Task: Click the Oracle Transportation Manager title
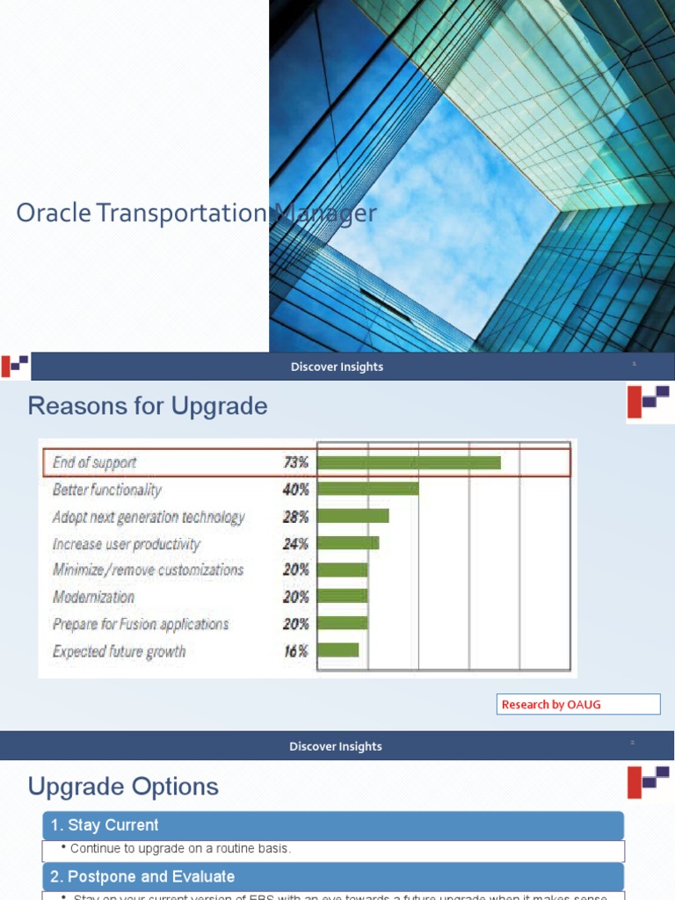[196, 213]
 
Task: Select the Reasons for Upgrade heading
[148, 406]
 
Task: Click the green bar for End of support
[409, 462]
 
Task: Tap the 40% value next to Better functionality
[295, 490]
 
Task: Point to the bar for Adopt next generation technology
[352, 516]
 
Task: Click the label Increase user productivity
[127, 544]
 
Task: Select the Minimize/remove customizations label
[148, 570]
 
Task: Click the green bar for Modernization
[342, 597]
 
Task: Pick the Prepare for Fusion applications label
[141, 624]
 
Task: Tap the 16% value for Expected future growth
[295, 651]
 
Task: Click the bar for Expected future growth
[337, 650]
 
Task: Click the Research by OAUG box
[578, 704]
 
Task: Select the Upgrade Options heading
[123, 786]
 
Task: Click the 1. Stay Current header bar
[333, 825]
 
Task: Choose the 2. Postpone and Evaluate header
[333, 876]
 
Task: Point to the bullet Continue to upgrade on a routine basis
[180, 849]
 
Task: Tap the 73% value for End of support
[295, 462]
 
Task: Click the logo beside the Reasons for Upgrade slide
[649, 402]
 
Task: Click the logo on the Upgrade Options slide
[649, 781]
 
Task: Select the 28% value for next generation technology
[295, 517]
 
